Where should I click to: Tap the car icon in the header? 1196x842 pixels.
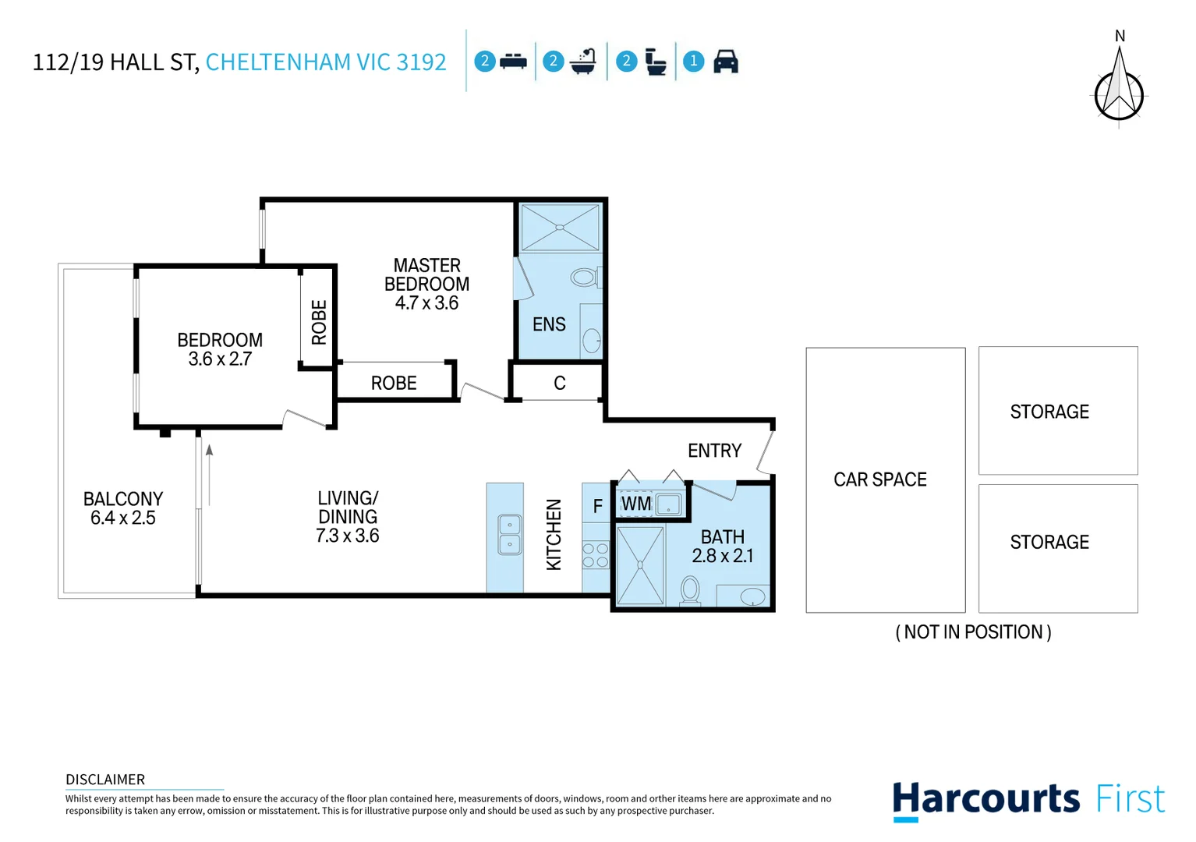[725, 62]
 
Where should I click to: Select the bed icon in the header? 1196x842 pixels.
[513, 62]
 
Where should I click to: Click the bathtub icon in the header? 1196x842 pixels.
[583, 62]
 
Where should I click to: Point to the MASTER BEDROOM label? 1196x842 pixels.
[426, 284]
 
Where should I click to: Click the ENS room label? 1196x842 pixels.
[549, 324]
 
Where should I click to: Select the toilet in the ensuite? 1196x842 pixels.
[584, 277]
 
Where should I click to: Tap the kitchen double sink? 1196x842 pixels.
[510, 535]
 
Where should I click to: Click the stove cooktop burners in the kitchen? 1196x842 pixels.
[596, 555]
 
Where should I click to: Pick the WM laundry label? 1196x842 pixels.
[636, 504]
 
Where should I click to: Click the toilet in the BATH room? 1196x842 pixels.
[690, 590]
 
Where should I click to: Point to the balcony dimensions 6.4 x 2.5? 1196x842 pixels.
[123, 518]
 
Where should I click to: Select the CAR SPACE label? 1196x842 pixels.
[880, 479]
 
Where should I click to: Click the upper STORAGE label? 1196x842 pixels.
[1049, 412]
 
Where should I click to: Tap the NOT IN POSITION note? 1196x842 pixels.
[973, 632]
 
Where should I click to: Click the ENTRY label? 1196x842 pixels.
[714, 451]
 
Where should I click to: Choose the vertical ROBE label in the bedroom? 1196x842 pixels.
[319, 322]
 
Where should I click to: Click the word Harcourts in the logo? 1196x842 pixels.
[985, 800]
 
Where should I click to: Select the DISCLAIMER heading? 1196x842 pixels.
[105, 780]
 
